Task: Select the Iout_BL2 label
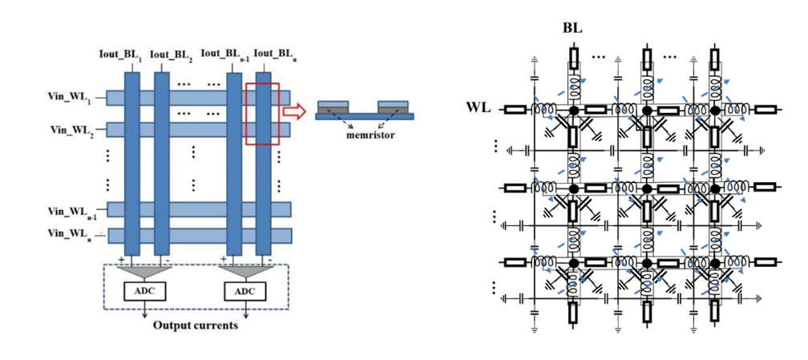click(168, 55)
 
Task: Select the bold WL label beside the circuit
click(479, 108)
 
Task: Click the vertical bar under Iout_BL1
click(132, 160)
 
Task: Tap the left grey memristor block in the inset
click(333, 106)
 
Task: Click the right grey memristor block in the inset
click(394, 106)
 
